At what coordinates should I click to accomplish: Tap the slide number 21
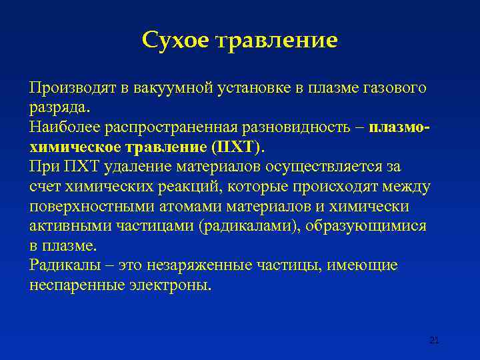434,340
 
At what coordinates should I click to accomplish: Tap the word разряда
58,107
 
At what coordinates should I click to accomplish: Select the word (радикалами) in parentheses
250,226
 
